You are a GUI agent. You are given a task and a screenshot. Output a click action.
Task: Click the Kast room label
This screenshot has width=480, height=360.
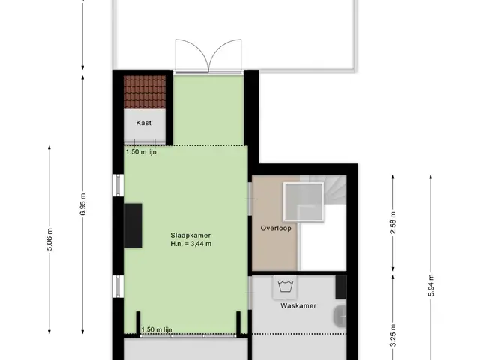(143, 123)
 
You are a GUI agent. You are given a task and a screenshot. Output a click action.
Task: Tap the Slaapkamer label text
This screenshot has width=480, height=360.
(190, 235)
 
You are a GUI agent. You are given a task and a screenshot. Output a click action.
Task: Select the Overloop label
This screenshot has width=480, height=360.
(276, 228)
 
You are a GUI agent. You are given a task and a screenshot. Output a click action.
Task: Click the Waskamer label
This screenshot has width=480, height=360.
(298, 305)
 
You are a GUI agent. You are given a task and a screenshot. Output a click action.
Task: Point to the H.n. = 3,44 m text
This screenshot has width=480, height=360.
(191, 244)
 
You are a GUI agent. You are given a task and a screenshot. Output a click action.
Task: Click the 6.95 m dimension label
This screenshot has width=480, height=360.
(83, 204)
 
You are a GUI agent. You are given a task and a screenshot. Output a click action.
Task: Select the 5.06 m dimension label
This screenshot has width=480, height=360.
(50, 239)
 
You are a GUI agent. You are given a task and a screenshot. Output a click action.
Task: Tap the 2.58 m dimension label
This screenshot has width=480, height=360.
(393, 223)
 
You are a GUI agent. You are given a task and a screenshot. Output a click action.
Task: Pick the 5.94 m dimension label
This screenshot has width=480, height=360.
(431, 285)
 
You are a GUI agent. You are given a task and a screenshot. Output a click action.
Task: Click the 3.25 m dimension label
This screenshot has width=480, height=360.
(393, 335)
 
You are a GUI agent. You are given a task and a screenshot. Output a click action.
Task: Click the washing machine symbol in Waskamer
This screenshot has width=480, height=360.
(286, 286)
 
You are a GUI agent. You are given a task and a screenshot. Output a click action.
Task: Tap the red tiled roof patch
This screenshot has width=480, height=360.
(145, 91)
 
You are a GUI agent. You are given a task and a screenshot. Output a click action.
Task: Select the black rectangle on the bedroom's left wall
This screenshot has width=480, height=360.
(133, 226)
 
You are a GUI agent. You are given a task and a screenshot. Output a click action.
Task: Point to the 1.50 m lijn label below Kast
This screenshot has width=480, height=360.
(141, 151)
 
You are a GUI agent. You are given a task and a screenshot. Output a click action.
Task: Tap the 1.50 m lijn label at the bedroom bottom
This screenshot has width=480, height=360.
(157, 329)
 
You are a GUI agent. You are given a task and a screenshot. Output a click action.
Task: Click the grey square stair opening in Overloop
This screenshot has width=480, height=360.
(303, 202)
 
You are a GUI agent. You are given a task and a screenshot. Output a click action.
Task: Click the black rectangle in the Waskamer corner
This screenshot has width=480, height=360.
(341, 287)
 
